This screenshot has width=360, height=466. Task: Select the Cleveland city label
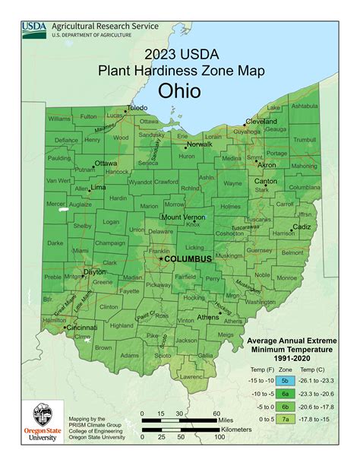[x=261, y=121]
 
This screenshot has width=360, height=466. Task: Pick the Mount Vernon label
[x=181, y=217]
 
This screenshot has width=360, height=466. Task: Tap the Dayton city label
[x=94, y=271]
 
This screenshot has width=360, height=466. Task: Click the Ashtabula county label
[x=305, y=106]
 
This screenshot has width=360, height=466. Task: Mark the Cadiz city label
[x=302, y=227]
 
